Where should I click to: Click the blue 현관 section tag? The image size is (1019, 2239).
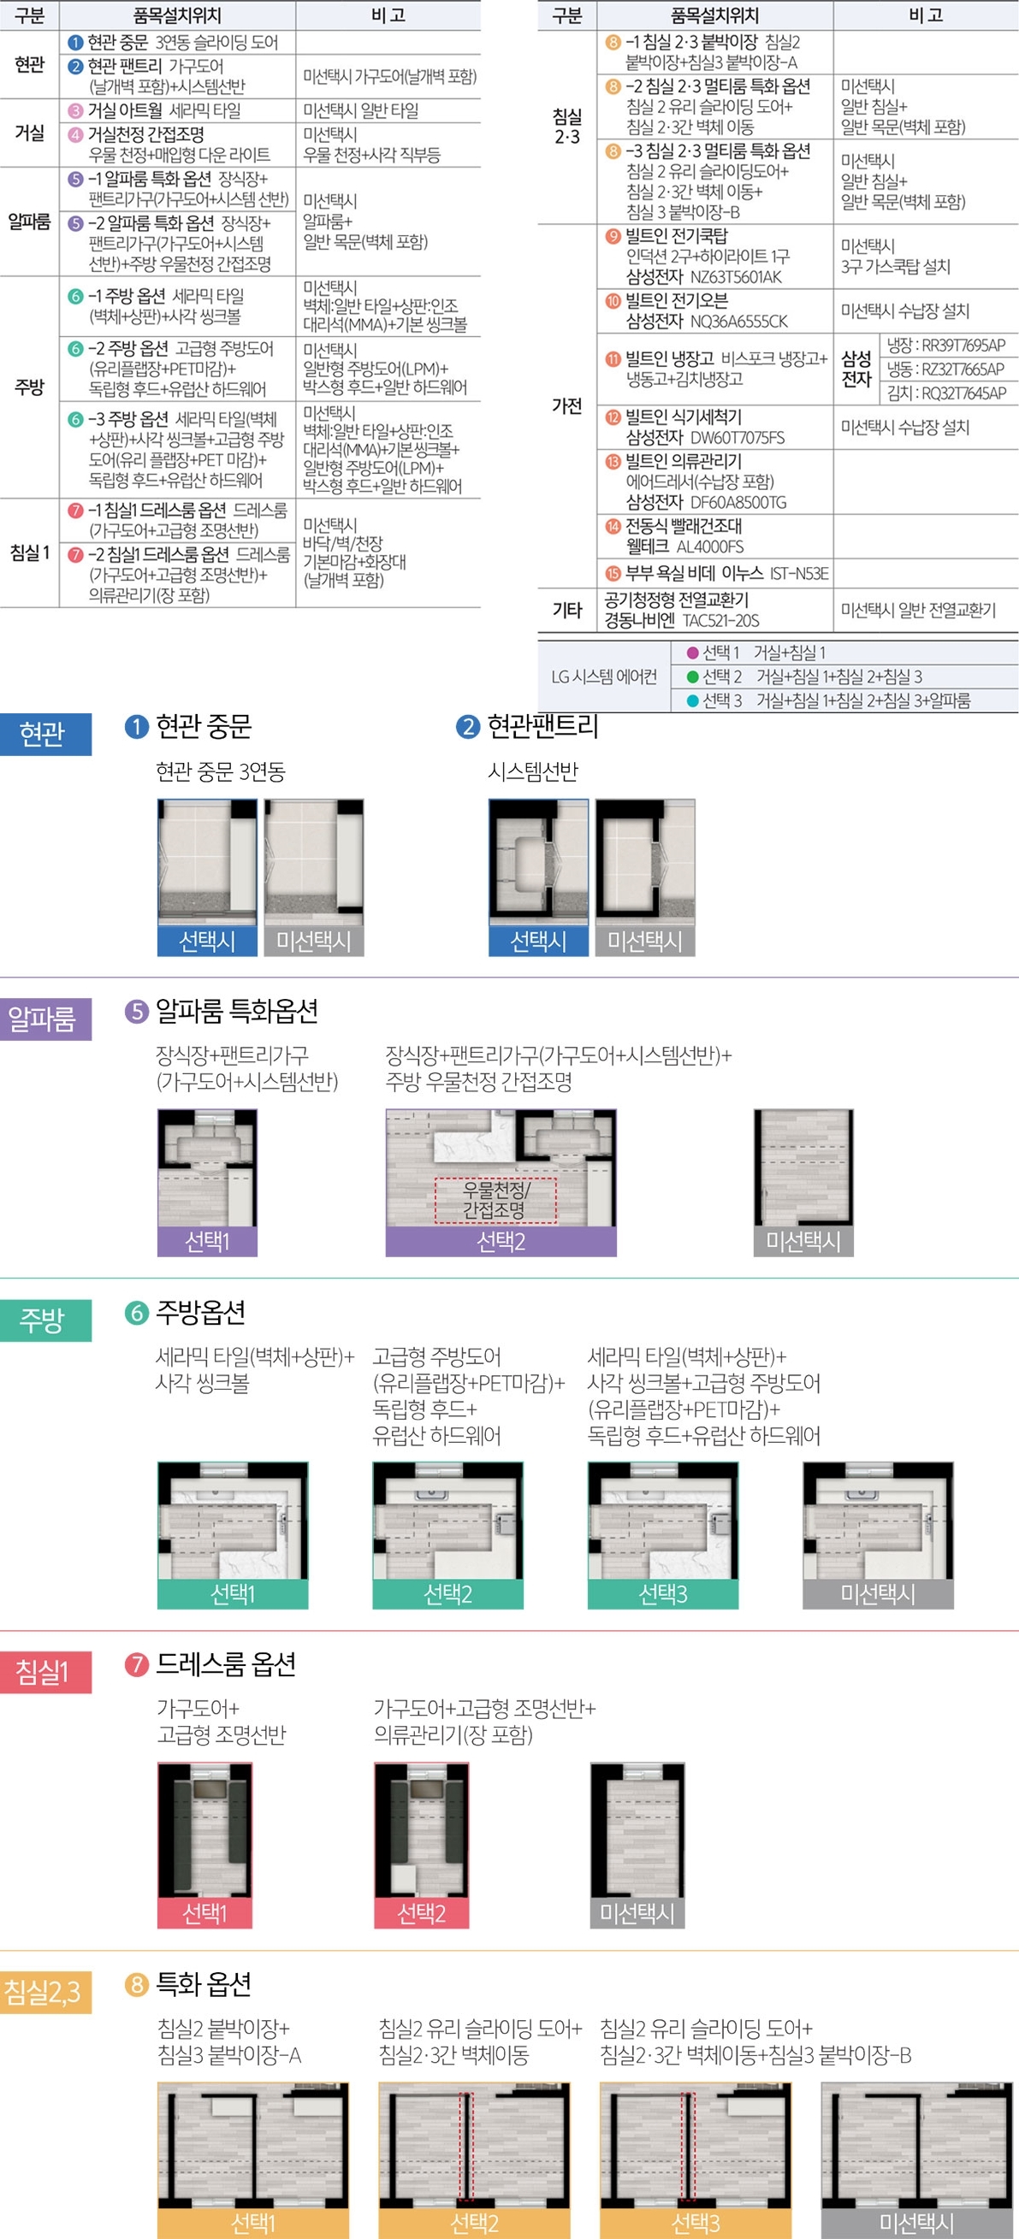point(45,734)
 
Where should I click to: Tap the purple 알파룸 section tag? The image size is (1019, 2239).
point(45,1019)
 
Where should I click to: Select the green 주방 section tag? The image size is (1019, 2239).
point(45,1320)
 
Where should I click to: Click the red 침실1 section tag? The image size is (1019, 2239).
point(45,1671)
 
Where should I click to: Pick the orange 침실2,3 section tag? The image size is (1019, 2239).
point(45,1991)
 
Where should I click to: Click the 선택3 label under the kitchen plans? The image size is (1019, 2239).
point(662,1594)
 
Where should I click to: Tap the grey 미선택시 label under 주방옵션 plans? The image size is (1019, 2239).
point(877,1594)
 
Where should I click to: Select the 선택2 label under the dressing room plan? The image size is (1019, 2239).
point(421,1913)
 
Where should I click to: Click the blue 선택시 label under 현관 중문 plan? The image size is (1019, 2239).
point(207,941)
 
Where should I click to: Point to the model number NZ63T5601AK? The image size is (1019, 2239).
point(736,277)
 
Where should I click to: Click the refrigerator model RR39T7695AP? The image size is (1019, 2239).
point(946,345)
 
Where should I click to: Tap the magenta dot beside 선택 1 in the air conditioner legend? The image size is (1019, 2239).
point(693,653)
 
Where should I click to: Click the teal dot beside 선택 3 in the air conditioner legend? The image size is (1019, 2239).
point(693,700)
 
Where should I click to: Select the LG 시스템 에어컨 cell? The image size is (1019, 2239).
point(604,677)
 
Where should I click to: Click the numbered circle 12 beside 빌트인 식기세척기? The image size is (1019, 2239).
point(613,417)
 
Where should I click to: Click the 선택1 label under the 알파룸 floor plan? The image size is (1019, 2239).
point(207,1241)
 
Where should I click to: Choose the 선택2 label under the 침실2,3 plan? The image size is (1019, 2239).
point(474,2224)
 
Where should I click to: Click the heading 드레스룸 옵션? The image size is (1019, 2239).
point(225,1663)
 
